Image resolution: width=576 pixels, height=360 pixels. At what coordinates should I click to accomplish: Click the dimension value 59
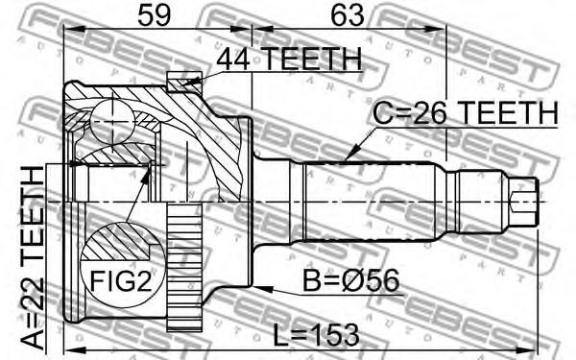click(155, 15)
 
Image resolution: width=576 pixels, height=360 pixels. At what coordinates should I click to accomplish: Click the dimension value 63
click(348, 15)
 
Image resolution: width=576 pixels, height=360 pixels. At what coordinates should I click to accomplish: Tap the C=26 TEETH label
click(465, 112)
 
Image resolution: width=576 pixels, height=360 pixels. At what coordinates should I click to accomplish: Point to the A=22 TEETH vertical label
click(32, 258)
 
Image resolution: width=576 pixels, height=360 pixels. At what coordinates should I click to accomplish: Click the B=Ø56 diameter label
click(350, 280)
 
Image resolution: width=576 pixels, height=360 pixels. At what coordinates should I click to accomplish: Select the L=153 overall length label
click(316, 334)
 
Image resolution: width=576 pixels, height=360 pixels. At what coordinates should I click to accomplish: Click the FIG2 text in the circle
click(121, 281)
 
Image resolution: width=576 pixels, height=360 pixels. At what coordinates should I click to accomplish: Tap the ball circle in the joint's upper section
click(111, 121)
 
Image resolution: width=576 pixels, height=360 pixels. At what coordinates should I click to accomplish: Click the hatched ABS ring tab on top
click(184, 82)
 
